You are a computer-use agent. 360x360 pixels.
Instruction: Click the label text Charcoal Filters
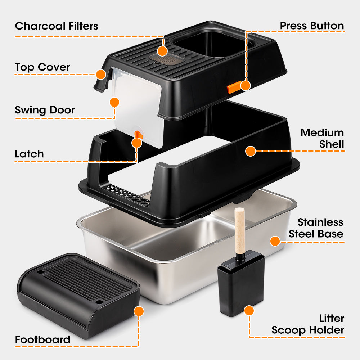[x=57, y=26]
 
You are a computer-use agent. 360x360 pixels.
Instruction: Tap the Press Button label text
[x=312, y=26]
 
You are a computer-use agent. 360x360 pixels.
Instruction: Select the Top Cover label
[x=42, y=67]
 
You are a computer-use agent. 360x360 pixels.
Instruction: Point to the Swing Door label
[x=45, y=110]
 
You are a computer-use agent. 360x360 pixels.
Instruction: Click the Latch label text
[x=29, y=154]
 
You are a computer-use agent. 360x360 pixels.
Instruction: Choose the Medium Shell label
[x=322, y=138]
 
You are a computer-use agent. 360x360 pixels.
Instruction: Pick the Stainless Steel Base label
[x=316, y=228]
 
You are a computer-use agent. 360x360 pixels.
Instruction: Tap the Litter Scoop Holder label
[x=308, y=324]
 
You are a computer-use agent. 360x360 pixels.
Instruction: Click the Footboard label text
[x=42, y=339]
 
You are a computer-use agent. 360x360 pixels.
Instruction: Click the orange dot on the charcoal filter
[x=162, y=51]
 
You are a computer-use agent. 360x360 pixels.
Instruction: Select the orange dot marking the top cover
[x=101, y=75]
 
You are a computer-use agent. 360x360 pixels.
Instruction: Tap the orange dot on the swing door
[x=114, y=102]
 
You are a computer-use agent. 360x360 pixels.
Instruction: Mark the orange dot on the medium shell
[x=251, y=151]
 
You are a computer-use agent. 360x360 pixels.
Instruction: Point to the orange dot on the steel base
[x=275, y=241]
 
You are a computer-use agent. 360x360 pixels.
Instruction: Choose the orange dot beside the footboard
[x=139, y=311]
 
